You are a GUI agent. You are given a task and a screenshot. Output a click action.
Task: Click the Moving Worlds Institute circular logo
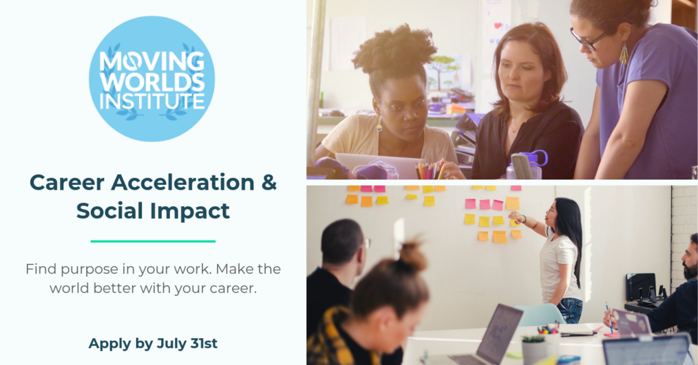click(x=152, y=78)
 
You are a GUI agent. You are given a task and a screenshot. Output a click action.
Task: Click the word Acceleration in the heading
click(x=182, y=182)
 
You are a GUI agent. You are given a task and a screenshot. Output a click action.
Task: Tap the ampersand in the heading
click(x=269, y=182)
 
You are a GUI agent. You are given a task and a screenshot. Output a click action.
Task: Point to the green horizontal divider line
click(x=153, y=241)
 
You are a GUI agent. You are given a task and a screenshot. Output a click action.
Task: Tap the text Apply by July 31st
click(x=153, y=343)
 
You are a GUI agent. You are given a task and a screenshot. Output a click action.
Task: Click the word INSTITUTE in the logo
click(x=152, y=101)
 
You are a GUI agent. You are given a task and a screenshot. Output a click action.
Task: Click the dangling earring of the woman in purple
click(x=624, y=54)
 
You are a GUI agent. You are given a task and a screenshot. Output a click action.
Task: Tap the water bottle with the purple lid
click(x=527, y=165)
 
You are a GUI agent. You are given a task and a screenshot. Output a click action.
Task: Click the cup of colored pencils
click(x=429, y=170)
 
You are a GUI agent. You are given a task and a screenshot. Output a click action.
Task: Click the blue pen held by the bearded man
click(x=609, y=318)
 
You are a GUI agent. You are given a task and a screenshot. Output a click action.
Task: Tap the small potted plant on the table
click(x=534, y=349)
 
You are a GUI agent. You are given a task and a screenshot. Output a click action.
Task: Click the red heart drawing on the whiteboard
click(x=498, y=26)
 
